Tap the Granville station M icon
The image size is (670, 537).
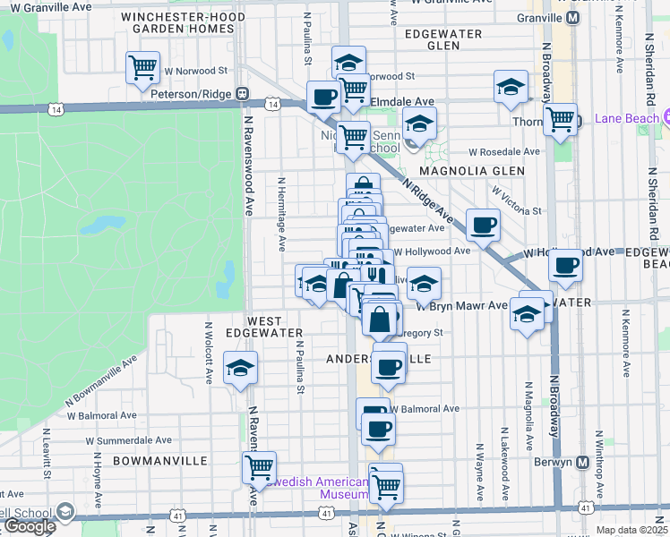click(x=572, y=17)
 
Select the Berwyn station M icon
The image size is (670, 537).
click(x=582, y=462)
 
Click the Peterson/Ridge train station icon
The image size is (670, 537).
click(x=242, y=93)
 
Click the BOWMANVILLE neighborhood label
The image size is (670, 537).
click(x=160, y=460)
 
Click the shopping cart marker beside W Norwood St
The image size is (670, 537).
click(x=143, y=67)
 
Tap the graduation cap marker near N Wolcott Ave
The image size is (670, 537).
click(x=240, y=367)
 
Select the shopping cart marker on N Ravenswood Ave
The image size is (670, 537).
click(x=259, y=465)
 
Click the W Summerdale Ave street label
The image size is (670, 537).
click(x=129, y=440)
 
